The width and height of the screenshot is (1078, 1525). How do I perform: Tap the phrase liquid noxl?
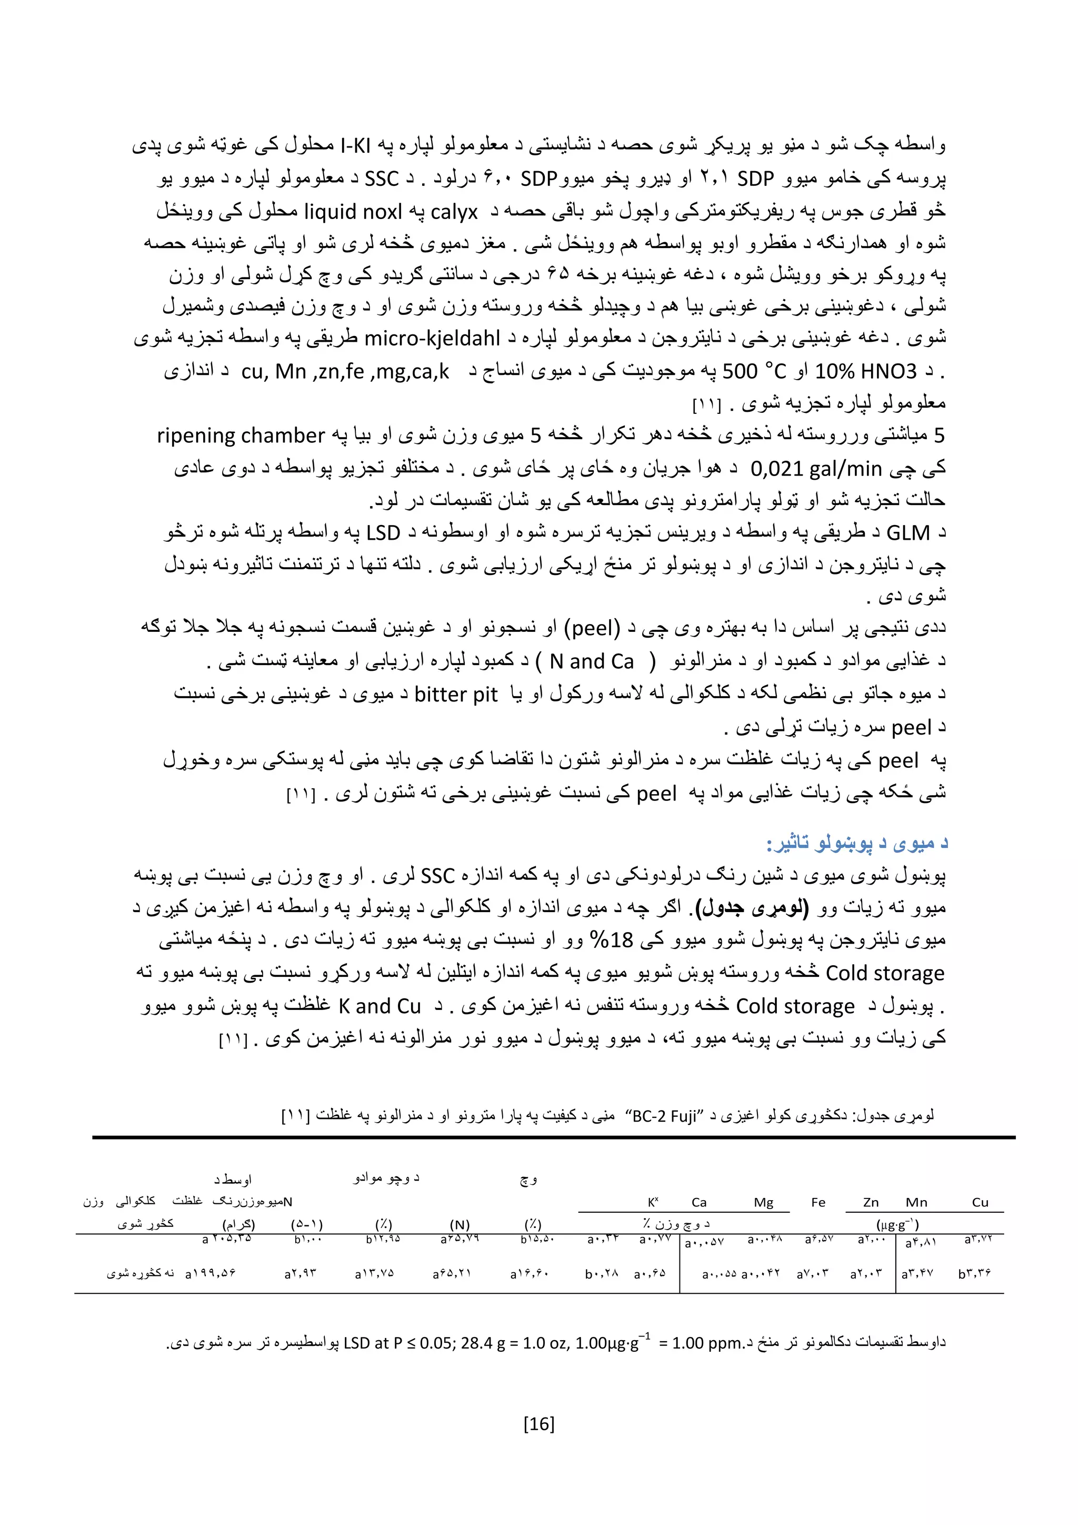pyautogui.click(x=353, y=212)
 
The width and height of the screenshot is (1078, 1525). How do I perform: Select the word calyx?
pyautogui.click(x=454, y=212)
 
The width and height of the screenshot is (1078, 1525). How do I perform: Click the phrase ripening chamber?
pyautogui.click(x=241, y=435)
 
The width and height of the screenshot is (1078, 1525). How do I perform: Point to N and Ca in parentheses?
pyautogui.click(x=592, y=661)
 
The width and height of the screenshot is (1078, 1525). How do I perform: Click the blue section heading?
pyautogui.click(x=857, y=844)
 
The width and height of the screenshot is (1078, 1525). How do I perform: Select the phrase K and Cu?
pyautogui.click(x=380, y=1006)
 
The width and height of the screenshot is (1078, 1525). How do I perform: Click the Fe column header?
pyautogui.click(x=818, y=1202)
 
